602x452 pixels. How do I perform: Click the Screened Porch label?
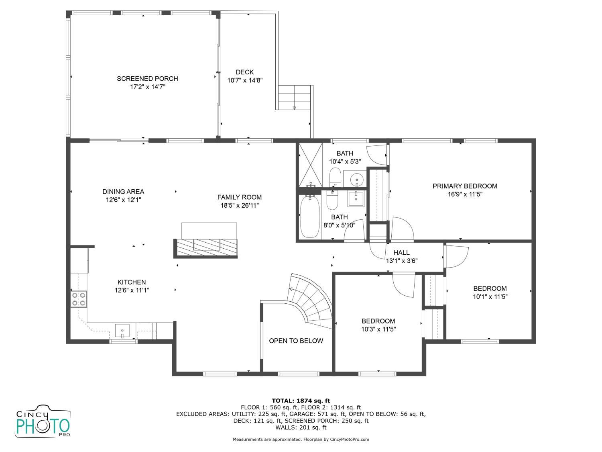click(147, 79)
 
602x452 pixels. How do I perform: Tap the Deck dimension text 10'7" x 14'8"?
click(245, 80)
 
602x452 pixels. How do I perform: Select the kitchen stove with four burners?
click(79, 299)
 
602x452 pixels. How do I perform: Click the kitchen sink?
click(122, 331)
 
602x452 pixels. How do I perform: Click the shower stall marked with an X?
click(311, 165)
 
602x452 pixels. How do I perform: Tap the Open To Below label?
click(296, 341)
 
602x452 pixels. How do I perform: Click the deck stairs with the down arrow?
click(294, 97)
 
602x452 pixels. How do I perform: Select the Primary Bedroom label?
click(465, 186)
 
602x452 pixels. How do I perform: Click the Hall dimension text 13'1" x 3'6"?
click(401, 261)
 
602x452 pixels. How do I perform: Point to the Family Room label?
click(240, 197)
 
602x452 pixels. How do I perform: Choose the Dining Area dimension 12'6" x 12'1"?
click(124, 200)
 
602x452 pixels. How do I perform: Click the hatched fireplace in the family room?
click(205, 248)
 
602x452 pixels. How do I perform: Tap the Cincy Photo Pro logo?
click(43, 421)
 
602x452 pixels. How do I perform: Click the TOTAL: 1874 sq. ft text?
click(301, 401)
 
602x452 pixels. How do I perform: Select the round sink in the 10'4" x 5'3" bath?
click(357, 180)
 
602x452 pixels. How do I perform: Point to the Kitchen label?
click(132, 282)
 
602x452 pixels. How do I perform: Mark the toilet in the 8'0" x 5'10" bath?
click(332, 200)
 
